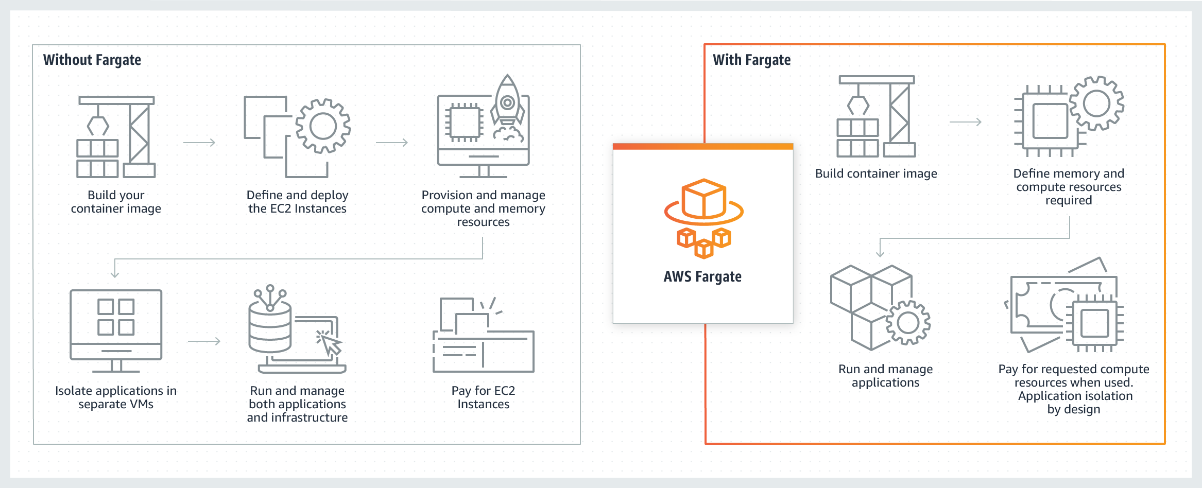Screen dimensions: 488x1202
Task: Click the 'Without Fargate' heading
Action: click(x=92, y=60)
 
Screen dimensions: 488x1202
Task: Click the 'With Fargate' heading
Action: click(x=751, y=60)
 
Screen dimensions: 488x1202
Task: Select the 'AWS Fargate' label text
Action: click(x=702, y=277)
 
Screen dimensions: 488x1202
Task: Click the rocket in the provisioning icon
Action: click(x=507, y=103)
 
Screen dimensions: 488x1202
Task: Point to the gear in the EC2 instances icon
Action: click(x=323, y=126)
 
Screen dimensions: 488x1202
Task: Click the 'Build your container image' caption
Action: click(x=116, y=202)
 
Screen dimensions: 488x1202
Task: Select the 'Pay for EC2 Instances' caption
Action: click(x=483, y=397)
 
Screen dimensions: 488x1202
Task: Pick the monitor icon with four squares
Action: click(x=116, y=329)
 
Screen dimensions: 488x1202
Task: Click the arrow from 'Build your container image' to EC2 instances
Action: click(x=199, y=143)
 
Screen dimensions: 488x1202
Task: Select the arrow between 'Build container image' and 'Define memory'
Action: click(x=965, y=122)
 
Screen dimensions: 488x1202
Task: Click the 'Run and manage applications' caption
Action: click(x=885, y=376)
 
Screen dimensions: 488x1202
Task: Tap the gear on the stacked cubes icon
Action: click(x=908, y=323)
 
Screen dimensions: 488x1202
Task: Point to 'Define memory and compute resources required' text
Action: click(x=1069, y=187)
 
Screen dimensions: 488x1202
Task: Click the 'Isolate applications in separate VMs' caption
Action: click(x=116, y=397)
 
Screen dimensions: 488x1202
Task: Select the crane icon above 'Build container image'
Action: click(x=877, y=117)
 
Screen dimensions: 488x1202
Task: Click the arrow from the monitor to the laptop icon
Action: click(x=204, y=341)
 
